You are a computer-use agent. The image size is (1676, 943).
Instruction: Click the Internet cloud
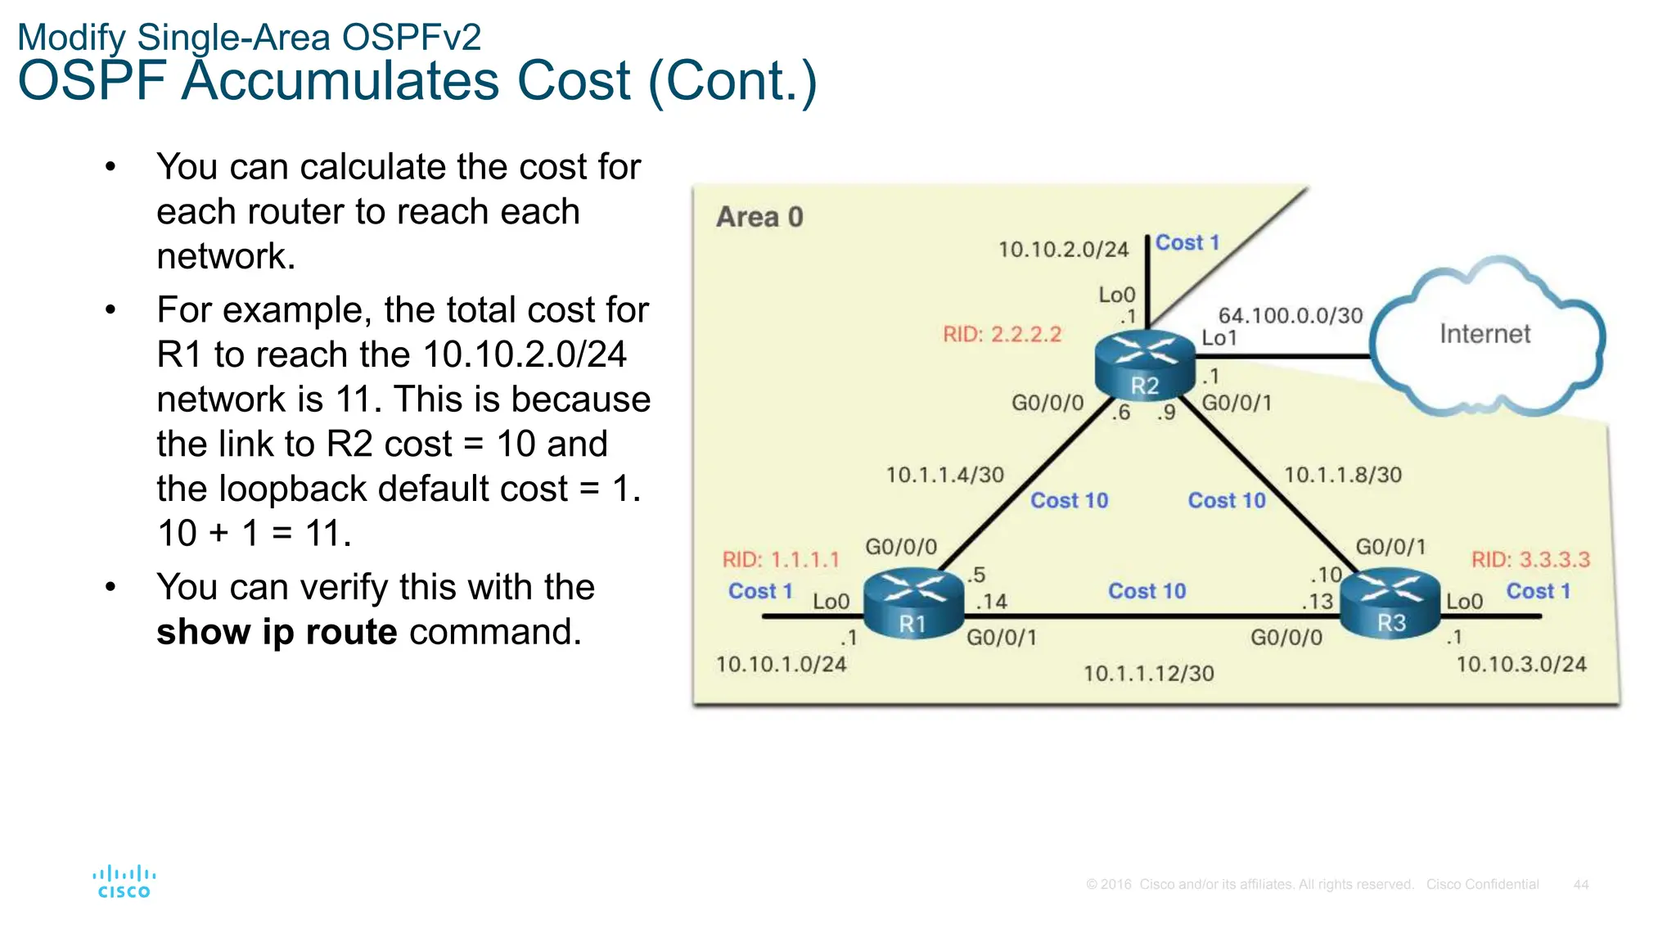point(1485,336)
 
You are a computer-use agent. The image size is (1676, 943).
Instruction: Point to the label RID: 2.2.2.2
point(1002,334)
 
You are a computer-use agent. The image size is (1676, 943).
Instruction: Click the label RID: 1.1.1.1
point(781,560)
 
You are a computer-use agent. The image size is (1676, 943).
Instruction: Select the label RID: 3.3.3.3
point(1530,560)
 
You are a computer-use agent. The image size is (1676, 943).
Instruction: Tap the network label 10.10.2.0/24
point(1063,249)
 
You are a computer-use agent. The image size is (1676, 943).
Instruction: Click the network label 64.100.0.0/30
point(1291,315)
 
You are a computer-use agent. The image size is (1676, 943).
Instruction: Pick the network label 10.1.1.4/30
point(944,475)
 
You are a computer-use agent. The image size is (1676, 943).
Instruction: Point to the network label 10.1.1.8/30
point(1342,475)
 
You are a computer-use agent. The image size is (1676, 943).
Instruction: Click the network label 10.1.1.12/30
point(1148,674)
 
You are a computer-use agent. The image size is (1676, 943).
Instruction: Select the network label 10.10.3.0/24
point(1521,664)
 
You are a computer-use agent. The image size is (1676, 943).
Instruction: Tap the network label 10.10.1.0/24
point(781,664)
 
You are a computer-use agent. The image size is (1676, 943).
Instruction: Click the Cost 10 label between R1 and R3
point(1147,591)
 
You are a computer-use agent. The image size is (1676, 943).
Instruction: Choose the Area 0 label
point(759,217)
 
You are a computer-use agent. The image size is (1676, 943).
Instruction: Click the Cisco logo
point(124,882)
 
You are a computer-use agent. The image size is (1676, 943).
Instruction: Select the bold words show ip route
point(277,632)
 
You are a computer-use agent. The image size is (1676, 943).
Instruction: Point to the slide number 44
point(1580,885)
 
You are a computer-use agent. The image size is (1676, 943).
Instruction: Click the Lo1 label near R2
point(1219,338)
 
